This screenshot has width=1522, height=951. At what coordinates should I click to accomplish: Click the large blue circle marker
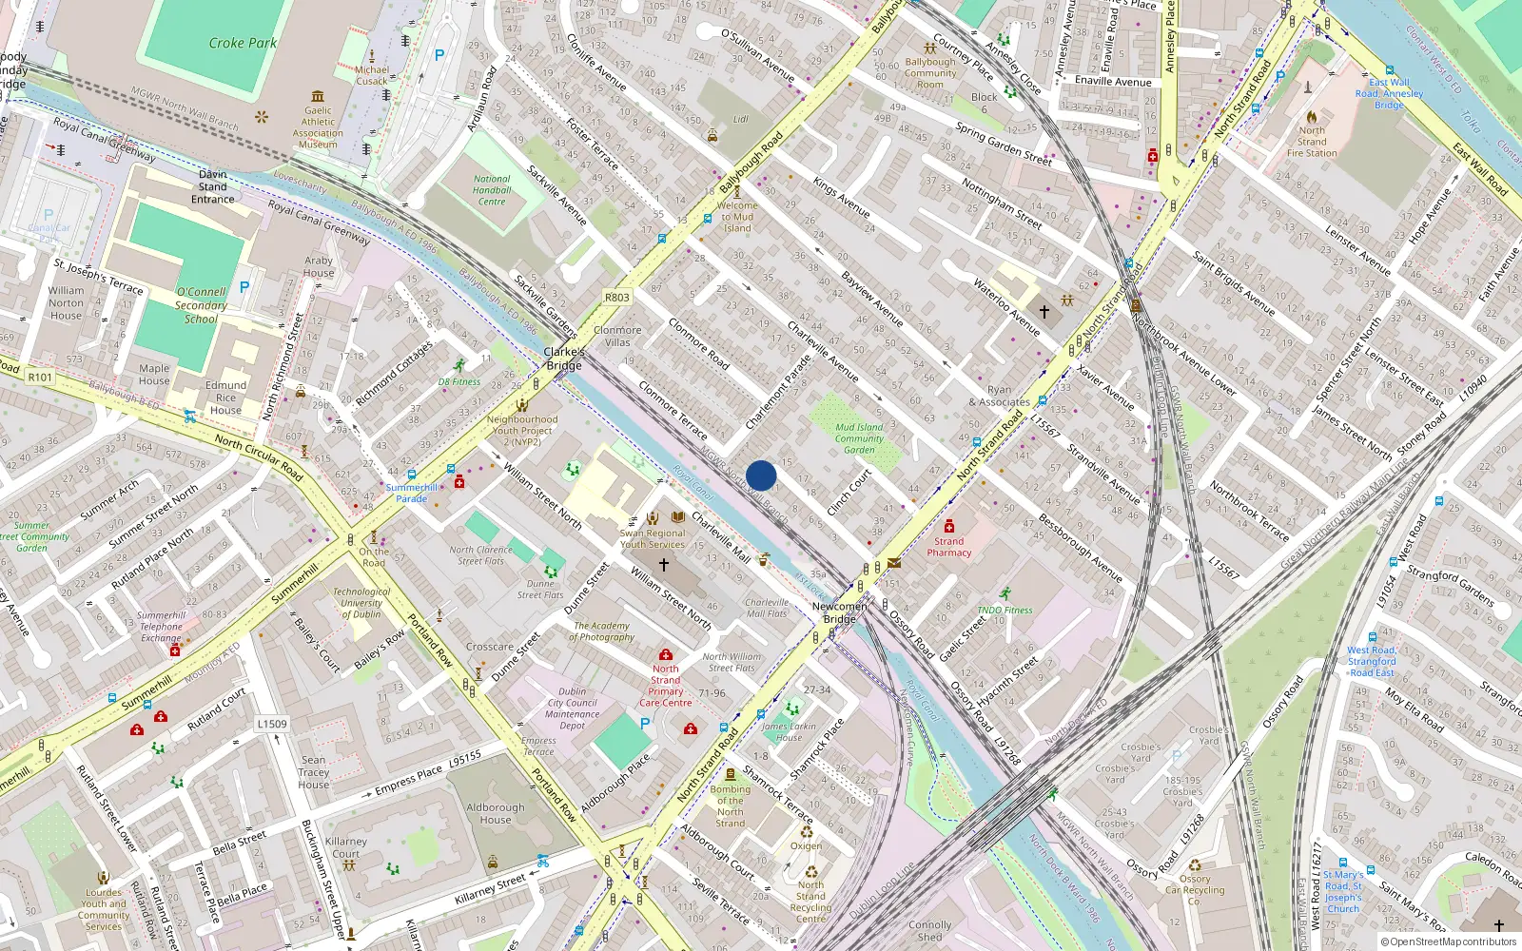click(761, 475)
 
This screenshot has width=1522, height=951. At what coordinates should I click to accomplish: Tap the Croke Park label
click(243, 43)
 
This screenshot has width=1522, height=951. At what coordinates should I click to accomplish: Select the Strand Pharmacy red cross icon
click(948, 526)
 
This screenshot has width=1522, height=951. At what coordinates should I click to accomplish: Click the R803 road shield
click(616, 298)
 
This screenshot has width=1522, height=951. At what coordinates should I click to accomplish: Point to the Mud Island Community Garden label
click(859, 438)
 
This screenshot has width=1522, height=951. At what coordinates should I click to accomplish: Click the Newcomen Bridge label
click(839, 612)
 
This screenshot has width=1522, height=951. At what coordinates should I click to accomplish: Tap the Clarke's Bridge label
click(564, 359)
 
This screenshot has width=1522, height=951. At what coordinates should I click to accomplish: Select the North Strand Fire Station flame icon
click(1312, 117)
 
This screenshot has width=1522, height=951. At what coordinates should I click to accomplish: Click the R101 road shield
click(40, 378)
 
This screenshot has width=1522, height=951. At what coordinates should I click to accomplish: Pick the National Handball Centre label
click(492, 190)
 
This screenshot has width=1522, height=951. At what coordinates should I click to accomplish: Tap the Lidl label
click(741, 120)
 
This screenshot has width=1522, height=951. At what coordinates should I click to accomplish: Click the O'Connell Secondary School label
click(201, 305)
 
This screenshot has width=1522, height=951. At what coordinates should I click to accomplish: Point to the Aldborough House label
click(495, 813)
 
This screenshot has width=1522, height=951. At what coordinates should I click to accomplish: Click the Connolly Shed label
click(929, 930)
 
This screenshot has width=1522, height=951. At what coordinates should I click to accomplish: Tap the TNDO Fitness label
click(1005, 611)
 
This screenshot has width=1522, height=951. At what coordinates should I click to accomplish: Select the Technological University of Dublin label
click(361, 603)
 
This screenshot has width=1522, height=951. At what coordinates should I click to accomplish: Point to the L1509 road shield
click(272, 724)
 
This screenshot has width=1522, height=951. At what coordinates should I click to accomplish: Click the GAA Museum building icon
click(318, 96)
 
